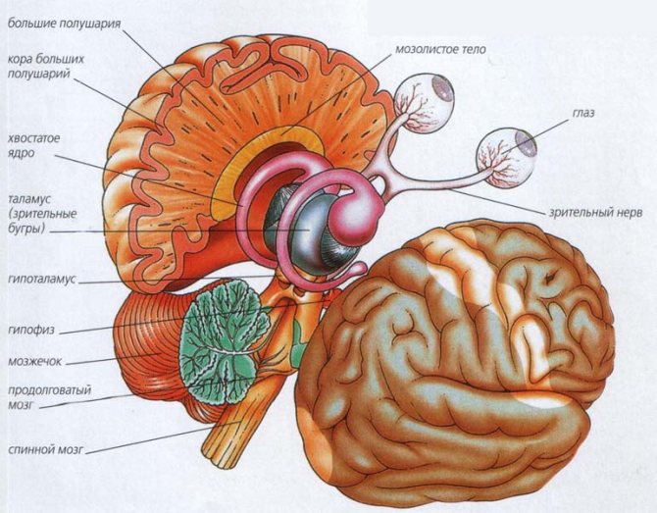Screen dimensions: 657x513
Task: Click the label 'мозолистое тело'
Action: point(440,49)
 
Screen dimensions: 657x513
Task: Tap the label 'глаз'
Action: point(582,113)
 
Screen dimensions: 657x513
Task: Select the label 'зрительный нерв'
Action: point(595,213)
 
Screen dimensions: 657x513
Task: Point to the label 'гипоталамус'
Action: point(42,280)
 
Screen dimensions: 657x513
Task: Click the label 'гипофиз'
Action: point(31,330)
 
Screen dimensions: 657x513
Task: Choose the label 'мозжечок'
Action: point(34,361)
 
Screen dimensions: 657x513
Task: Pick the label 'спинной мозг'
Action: point(46,449)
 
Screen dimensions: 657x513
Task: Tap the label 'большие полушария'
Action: point(64,24)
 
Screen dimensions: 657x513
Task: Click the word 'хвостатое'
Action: point(34,138)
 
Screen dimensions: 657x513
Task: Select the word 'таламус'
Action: point(29,198)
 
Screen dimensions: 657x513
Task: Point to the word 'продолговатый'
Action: point(49,390)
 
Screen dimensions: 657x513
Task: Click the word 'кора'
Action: point(20,59)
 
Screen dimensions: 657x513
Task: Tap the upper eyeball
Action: point(425,101)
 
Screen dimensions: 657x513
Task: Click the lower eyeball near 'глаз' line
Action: point(507,157)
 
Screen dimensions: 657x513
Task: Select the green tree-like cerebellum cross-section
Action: point(223,341)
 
